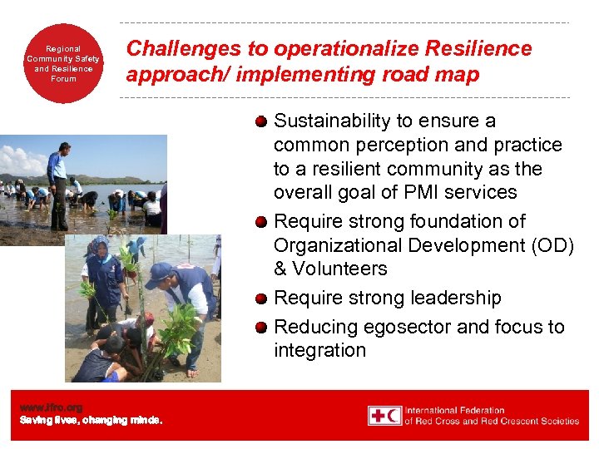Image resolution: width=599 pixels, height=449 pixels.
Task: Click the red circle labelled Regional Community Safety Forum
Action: pos(62,63)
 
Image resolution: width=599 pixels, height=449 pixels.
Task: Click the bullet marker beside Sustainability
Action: pos(261,121)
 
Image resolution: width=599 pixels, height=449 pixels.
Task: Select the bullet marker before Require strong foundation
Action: pos(261,222)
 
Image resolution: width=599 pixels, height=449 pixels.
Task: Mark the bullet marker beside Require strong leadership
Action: pos(261,299)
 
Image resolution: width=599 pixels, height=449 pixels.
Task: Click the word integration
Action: pos(319,350)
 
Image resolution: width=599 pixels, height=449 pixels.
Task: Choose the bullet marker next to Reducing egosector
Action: pos(261,328)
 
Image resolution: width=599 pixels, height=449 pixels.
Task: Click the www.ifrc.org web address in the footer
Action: pos(52,407)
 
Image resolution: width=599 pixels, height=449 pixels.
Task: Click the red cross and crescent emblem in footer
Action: pos(385,415)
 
